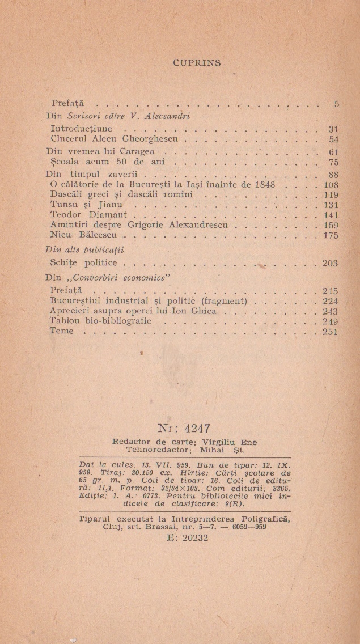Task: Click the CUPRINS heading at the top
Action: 197,62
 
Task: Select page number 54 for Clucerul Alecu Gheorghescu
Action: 333,139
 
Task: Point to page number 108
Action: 330,185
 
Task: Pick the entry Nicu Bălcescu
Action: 84,235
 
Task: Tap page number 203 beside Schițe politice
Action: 330,263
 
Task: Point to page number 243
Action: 330,311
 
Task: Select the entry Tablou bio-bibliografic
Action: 101,321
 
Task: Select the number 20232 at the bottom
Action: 188,537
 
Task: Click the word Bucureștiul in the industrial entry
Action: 79,301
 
